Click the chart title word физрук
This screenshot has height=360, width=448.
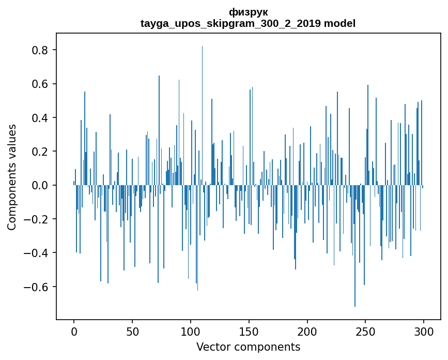click(248, 12)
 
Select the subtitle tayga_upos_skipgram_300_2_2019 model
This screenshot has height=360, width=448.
click(248, 23)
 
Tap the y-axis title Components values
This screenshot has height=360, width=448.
click(12, 177)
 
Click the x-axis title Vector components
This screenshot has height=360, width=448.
click(248, 347)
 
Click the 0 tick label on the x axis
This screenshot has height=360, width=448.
click(74, 332)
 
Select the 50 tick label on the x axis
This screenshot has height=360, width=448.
click(132, 332)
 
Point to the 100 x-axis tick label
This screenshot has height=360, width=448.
click(191, 332)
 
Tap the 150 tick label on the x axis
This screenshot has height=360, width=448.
click(249, 332)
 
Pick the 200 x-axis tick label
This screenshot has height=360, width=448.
click(307, 332)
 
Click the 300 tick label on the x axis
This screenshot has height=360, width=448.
click(423, 332)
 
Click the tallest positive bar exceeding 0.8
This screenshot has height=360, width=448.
click(202, 115)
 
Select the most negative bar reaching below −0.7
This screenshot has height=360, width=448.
click(355, 246)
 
